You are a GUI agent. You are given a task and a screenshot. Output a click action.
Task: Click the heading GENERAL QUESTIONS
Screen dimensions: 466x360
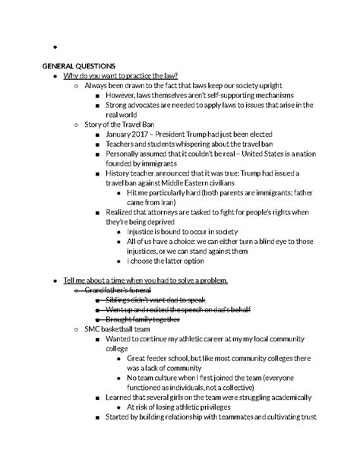[x=78, y=66]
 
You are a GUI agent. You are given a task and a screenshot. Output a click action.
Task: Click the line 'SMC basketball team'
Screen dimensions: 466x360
[x=118, y=329]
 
